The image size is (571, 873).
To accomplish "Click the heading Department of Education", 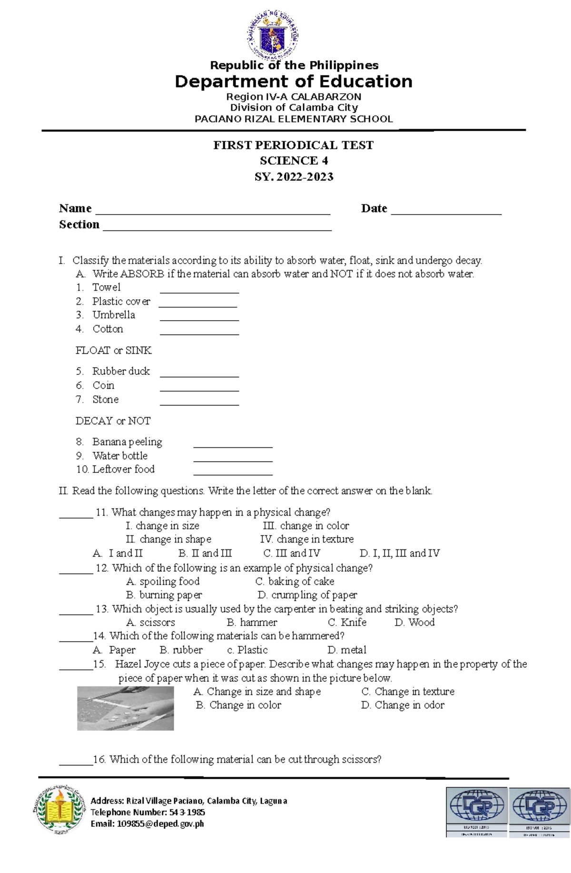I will [294, 81].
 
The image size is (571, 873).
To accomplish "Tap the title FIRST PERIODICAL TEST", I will [293, 145].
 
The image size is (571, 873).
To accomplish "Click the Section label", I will [79, 225].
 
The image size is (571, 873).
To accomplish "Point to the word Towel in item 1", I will [106, 287].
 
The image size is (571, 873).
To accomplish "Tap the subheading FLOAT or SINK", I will [113, 351].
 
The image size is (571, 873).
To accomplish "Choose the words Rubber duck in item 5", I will [121, 371].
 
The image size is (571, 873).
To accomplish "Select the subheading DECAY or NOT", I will [113, 421].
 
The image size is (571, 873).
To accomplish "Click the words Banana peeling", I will [127, 442].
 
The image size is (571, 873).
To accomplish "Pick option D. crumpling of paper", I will [307, 595].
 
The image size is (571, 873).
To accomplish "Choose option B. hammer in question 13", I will [252, 622].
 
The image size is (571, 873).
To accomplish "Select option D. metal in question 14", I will [347, 650].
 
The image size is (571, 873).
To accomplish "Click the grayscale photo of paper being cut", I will [125, 708].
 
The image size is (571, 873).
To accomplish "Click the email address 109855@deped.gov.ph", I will [147, 824].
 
